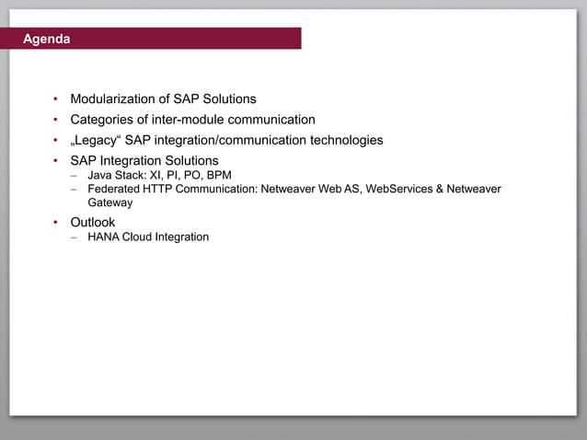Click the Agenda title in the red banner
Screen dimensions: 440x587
pos(46,40)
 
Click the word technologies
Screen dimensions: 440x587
pos(341,140)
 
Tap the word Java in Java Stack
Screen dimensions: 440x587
pos(99,175)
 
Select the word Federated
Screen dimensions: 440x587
pos(114,189)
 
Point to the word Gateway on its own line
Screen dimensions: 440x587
pos(110,203)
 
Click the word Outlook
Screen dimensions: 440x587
pos(93,223)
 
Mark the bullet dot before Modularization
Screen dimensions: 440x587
pos(55,99)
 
